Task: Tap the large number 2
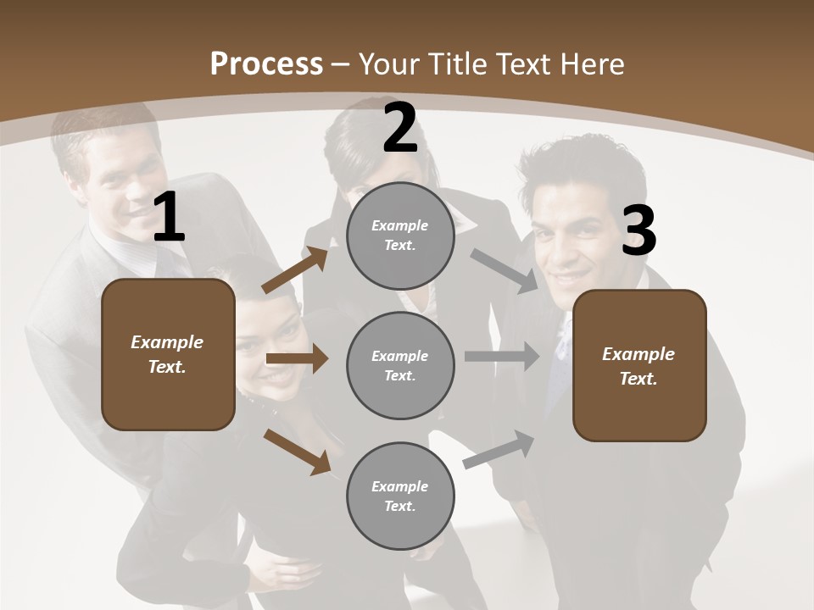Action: (x=400, y=129)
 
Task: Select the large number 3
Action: (x=638, y=230)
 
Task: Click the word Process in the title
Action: (x=266, y=64)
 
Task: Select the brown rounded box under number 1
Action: (x=168, y=354)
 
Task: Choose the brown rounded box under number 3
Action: (x=639, y=366)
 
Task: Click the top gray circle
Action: (x=400, y=236)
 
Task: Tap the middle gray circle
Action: (x=400, y=366)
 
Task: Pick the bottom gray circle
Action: (x=400, y=496)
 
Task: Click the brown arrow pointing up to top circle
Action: (x=295, y=270)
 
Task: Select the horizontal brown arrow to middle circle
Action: (x=296, y=358)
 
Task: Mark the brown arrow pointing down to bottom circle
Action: (x=296, y=452)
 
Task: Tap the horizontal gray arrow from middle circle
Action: (x=502, y=357)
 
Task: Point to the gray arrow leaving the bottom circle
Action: (x=499, y=449)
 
